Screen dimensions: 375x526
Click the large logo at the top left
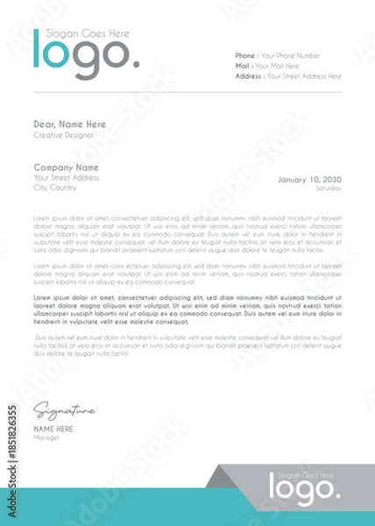click(85, 53)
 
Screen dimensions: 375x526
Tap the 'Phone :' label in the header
click(246, 54)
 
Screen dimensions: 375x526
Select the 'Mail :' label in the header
click(244, 65)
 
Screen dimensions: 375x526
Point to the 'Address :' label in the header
click(250, 76)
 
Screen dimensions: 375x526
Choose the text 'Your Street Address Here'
click(304, 76)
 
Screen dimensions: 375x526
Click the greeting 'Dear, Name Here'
click(70, 124)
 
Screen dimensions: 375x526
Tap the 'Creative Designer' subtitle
click(60, 135)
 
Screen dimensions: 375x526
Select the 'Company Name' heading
click(66, 167)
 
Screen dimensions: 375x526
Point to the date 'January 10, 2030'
click(309, 179)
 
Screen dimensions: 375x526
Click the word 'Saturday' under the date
click(329, 188)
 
